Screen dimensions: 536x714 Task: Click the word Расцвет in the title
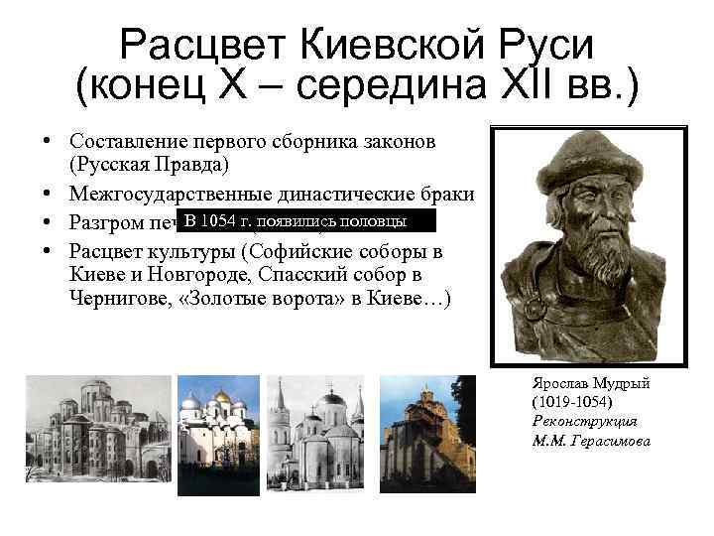click(202, 45)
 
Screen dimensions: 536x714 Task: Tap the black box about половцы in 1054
click(295, 219)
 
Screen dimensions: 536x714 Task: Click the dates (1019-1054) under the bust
click(572, 403)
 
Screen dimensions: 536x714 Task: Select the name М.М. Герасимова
click(591, 439)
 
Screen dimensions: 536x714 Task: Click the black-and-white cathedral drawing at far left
click(96, 426)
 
